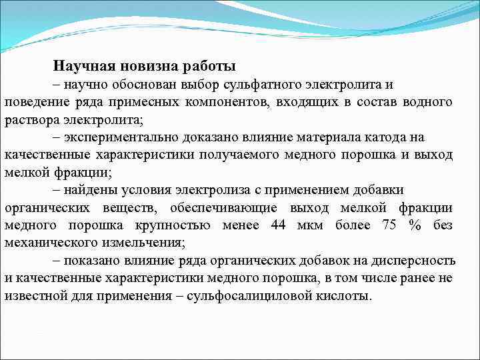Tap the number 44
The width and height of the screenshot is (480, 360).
[279, 225]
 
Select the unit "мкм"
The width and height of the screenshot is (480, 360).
[310, 225]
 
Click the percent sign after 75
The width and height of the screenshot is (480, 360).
[415, 225]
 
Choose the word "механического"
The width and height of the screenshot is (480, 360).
[49, 242]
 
